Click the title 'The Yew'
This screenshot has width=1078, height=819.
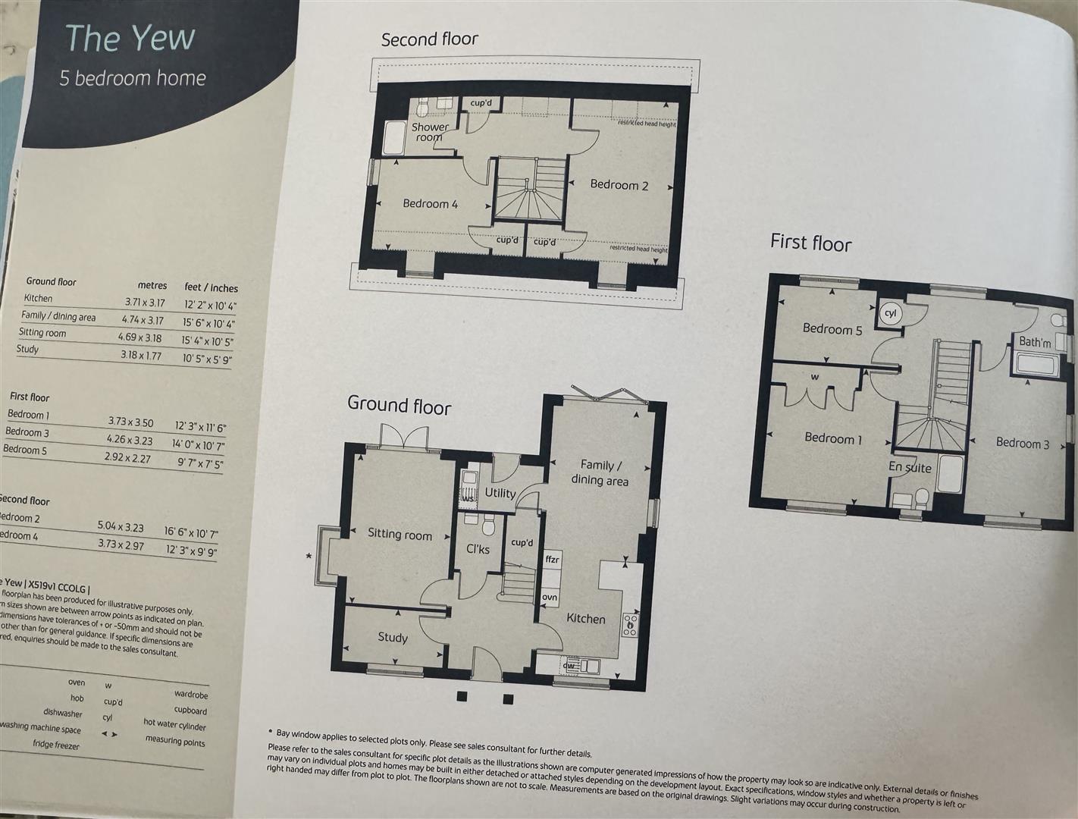tap(130, 38)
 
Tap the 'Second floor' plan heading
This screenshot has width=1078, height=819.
tap(429, 39)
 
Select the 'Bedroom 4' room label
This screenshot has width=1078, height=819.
tap(430, 204)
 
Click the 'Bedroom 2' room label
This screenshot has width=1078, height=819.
tap(619, 185)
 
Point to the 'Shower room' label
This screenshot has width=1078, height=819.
tap(430, 132)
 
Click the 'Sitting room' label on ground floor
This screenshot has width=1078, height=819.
tap(400, 535)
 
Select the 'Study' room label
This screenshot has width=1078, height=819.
tap(393, 638)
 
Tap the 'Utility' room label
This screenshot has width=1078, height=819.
tap(500, 493)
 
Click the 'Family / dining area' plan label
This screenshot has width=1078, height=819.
tap(600, 472)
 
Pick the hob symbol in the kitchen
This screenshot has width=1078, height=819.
tap(630, 624)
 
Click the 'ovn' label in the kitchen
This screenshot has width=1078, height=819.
tap(550, 598)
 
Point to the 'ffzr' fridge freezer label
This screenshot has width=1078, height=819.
tap(552, 560)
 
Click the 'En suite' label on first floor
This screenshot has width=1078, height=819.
tap(910, 467)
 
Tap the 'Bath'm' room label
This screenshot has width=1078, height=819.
tap(1034, 343)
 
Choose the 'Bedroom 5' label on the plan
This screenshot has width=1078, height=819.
tap(832, 329)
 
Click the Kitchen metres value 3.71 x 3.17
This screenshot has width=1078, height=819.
tap(145, 303)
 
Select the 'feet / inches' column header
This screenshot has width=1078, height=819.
tap(211, 287)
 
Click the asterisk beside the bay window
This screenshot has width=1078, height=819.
tap(309, 557)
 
